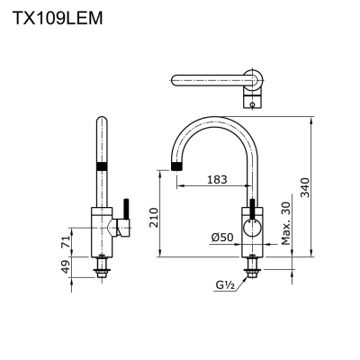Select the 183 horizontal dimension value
click(x=215, y=180)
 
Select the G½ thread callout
click(x=224, y=285)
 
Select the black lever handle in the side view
click(x=126, y=209)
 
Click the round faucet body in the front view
click(x=251, y=226)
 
